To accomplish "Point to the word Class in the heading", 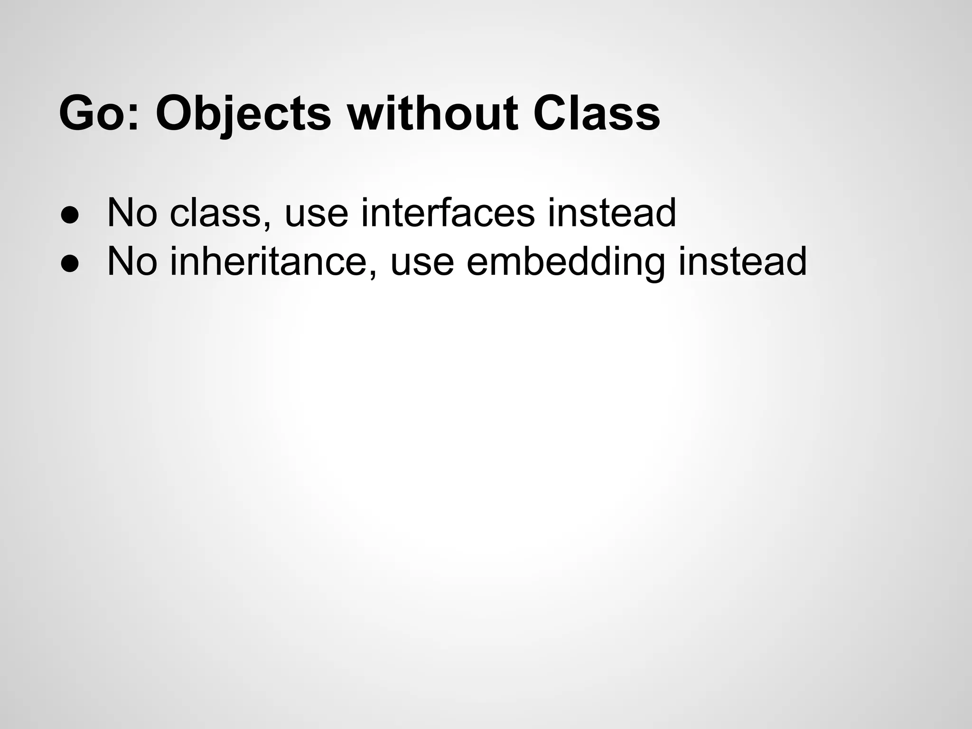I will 597,114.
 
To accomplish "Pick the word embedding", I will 566,262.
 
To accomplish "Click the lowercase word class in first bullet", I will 216,214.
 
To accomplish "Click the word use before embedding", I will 422,263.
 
